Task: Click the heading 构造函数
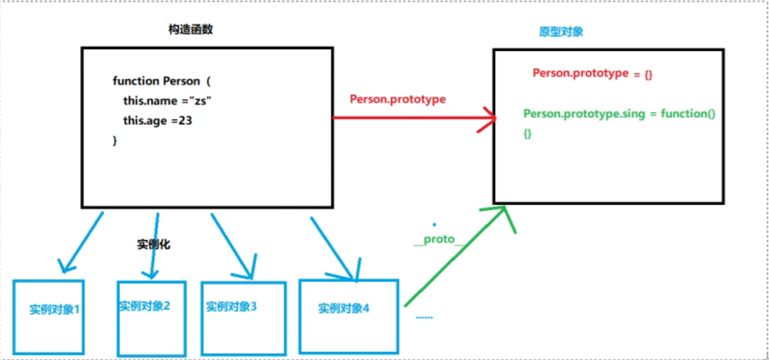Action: pos(190,30)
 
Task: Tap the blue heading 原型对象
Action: pos(561,32)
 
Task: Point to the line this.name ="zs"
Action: pos(167,101)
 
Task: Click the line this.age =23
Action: pos(157,121)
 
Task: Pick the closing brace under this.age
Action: pos(115,140)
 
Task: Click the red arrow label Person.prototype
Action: pos(397,99)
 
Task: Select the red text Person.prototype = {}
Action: pos(592,73)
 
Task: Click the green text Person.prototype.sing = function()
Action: pos(619,114)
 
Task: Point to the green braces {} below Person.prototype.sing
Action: pos(527,134)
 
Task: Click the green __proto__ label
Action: pos(439,239)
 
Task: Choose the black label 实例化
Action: pos(154,244)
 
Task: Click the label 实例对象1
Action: pos(54,309)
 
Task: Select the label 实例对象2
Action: pos(145,306)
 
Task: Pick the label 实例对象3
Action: pos(231,307)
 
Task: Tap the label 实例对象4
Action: pos(344,308)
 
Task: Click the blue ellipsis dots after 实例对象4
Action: pos(424,318)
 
